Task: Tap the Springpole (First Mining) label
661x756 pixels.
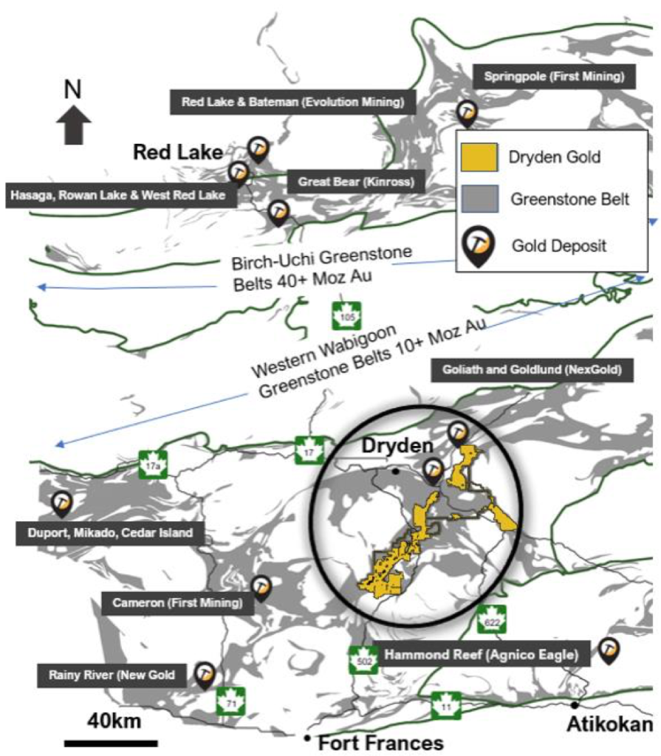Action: (554, 75)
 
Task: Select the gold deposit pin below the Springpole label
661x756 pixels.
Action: (466, 113)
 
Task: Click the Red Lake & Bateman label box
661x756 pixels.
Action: (293, 102)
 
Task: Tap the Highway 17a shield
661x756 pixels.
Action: (153, 464)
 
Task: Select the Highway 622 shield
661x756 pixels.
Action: (490, 619)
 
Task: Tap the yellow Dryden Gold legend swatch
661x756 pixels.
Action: (479, 157)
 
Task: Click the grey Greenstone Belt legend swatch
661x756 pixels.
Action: (479, 199)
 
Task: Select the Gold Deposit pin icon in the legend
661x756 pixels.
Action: (479, 245)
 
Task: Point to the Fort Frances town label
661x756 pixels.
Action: (380, 741)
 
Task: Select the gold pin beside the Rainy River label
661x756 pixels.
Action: (205, 674)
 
